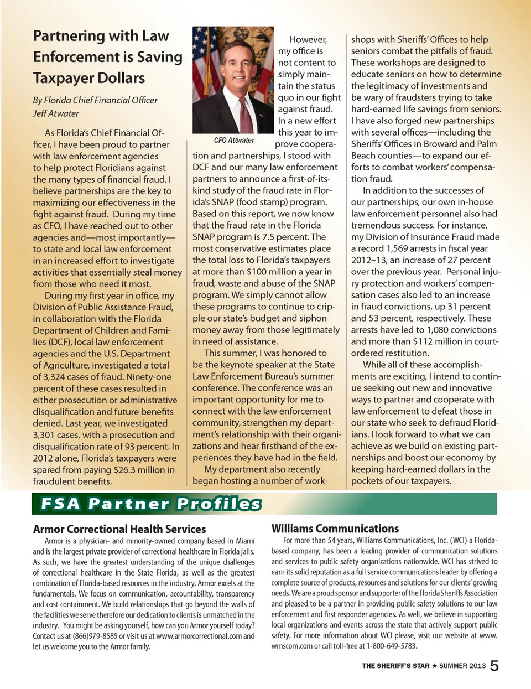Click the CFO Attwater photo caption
234,141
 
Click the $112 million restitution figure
433,341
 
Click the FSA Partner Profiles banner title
150,504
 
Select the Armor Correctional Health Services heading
119,529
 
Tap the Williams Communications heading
335,529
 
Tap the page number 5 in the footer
494,666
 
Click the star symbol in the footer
434,666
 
